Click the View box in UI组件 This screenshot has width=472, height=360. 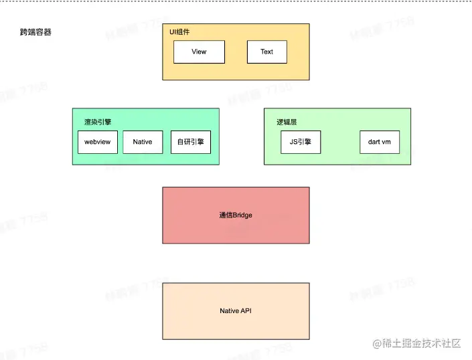(x=199, y=52)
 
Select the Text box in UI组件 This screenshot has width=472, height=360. (x=266, y=52)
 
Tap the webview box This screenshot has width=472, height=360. (x=98, y=142)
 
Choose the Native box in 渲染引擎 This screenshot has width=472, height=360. (x=143, y=142)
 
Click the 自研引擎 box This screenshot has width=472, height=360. (x=191, y=142)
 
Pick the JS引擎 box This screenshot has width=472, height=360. (x=300, y=142)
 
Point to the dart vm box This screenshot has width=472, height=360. (x=379, y=142)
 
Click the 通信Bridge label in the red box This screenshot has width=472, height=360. (x=235, y=215)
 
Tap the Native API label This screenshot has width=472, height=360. (x=236, y=310)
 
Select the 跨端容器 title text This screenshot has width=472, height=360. (x=35, y=31)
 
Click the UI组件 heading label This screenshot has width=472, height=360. (x=179, y=31)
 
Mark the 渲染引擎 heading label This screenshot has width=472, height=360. (x=98, y=122)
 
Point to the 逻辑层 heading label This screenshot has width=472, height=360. (x=287, y=122)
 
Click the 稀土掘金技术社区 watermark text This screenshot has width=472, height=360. (x=421, y=343)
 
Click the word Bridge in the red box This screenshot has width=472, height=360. (x=242, y=215)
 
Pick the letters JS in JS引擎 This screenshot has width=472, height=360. (x=293, y=142)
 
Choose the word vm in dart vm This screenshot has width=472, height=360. (x=386, y=142)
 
